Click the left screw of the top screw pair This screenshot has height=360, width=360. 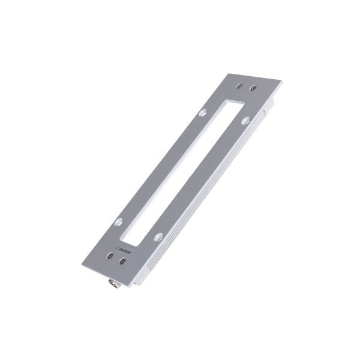tap(239, 86)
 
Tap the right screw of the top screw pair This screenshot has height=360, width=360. tap(253, 88)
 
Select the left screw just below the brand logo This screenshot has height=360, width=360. tap(109, 256)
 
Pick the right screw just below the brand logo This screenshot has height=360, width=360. tap(123, 261)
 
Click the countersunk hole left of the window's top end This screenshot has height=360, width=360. tap(203, 112)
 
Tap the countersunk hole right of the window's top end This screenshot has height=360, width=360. tap(246, 121)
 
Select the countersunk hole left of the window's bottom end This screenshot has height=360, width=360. tap(119, 221)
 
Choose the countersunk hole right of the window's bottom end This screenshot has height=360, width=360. tap(158, 237)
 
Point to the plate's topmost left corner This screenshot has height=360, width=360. tap(230, 74)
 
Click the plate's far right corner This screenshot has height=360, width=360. tap(282, 81)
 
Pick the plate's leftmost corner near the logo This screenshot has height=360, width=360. tap(82, 264)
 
